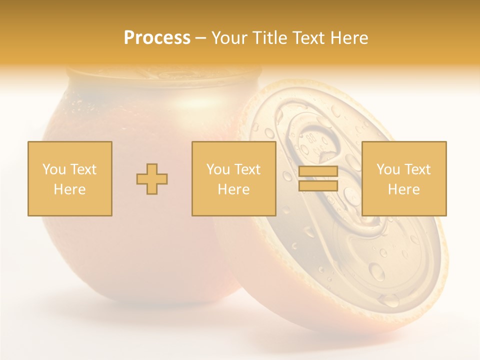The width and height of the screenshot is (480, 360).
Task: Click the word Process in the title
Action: [x=157, y=38]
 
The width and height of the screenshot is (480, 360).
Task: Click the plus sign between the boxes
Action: [x=152, y=179]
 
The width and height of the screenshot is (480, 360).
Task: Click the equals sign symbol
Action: [x=318, y=179]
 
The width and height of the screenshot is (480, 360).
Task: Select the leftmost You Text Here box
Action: [x=70, y=179]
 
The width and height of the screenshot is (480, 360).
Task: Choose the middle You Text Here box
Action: [x=233, y=179]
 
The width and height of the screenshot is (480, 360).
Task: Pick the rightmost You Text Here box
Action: [x=404, y=179]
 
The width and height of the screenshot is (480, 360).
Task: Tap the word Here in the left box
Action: [x=69, y=189]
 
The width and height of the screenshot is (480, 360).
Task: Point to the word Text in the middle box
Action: [x=247, y=169]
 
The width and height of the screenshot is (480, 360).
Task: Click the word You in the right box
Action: [x=388, y=169]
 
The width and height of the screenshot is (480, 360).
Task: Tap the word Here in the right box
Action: [x=404, y=189]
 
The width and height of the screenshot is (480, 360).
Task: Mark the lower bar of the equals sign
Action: [x=318, y=186]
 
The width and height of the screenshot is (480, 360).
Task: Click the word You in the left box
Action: [x=54, y=169]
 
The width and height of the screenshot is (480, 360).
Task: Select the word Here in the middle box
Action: [x=233, y=189]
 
